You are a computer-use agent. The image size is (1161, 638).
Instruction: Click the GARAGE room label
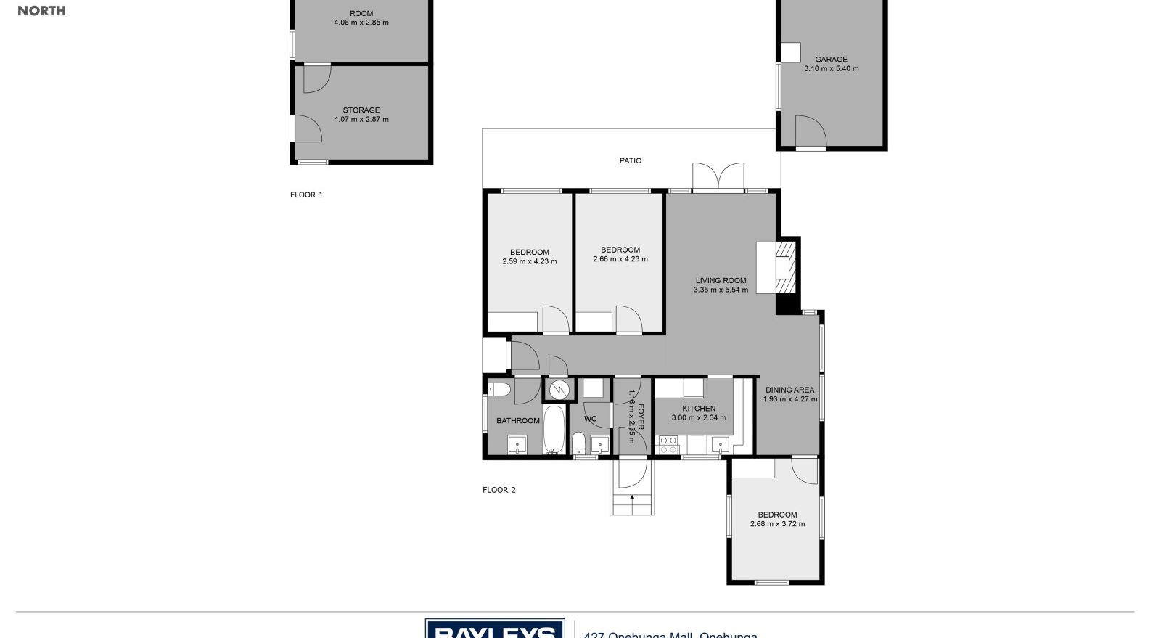click(x=831, y=60)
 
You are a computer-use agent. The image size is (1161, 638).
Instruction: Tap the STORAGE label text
click(x=361, y=110)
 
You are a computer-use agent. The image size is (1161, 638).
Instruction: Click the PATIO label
click(x=631, y=160)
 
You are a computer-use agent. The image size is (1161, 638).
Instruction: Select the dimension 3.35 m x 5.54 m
click(x=721, y=290)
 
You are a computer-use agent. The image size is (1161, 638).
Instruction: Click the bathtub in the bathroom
click(x=553, y=430)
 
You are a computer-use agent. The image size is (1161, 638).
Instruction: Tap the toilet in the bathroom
click(x=500, y=390)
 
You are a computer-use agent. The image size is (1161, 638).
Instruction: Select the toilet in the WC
click(x=578, y=442)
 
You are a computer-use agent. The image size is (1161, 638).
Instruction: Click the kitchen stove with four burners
click(x=667, y=445)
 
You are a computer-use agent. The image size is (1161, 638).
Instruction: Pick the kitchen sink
click(x=721, y=444)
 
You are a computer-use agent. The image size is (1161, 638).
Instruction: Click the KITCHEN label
click(x=699, y=409)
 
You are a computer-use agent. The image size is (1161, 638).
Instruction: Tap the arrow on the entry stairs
click(x=632, y=498)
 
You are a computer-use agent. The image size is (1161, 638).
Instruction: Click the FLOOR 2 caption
click(x=499, y=490)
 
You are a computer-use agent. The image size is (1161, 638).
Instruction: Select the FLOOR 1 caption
click(x=307, y=195)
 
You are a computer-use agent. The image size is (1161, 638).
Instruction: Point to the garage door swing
click(x=811, y=131)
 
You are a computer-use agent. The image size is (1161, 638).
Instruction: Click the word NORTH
click(x=41, y=11)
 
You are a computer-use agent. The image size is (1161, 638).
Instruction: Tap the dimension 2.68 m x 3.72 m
click(x=777, y=524)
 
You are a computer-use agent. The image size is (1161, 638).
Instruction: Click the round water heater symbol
click(x=559, y=389)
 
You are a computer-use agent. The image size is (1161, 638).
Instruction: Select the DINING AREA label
click(x=789, y=390)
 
